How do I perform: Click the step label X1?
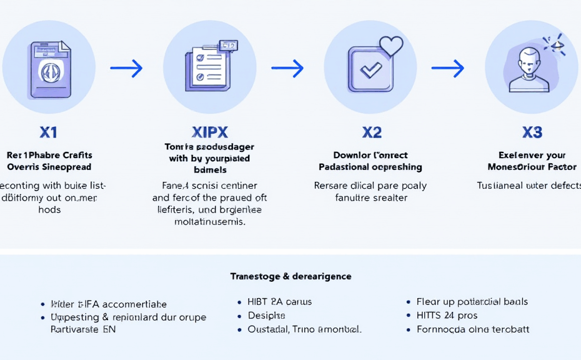[48, 132]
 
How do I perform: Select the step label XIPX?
[209, 132]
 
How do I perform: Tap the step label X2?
[372, 132]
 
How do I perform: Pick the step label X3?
[532, 132]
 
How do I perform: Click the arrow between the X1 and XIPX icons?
[126, 68]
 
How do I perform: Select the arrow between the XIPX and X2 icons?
[287, 68]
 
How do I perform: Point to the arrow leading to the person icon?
[448, 68]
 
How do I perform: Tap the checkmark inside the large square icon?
[371, 70]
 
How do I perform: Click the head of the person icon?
[529, 60]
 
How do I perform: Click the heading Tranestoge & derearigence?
[290, 276]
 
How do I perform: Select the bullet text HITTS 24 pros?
[447, 316]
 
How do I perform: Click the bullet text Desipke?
[266, 316]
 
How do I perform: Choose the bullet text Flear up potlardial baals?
[472, 302]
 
